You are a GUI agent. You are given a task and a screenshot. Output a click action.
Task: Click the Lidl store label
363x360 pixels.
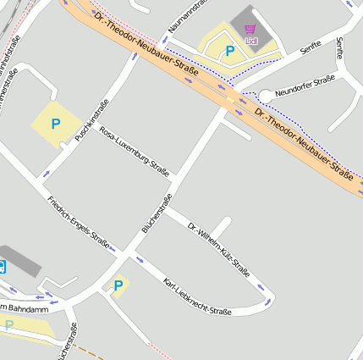click(x=250, y=41)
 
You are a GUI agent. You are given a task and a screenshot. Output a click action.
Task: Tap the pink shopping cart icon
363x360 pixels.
click(x=250, y=30)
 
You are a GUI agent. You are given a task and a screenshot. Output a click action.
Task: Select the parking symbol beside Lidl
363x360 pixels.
click(x=229, y=52)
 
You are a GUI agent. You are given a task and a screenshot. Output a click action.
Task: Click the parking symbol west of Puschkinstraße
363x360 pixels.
click(x=56, y=124)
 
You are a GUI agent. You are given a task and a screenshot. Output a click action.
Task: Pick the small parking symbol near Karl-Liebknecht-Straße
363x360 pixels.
click(x=118, y=285)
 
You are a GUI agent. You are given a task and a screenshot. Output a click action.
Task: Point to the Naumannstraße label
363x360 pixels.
click(x=187, y=16)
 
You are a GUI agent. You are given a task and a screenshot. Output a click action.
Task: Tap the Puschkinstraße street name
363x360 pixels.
click(x=92, y=120)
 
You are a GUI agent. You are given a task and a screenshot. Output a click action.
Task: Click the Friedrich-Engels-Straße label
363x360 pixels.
click(x=79, y=223)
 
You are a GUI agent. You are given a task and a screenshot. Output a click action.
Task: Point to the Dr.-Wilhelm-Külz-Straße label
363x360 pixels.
click(x=218, y=249)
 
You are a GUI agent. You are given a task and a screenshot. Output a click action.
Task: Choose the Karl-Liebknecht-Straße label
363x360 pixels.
click(x=197, y=297)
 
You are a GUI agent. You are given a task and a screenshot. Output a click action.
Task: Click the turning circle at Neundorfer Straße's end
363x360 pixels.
click(x=266, y=97)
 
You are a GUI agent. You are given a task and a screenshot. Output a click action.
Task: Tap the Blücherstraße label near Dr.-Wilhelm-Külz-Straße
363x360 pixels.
click(x=157, y=213)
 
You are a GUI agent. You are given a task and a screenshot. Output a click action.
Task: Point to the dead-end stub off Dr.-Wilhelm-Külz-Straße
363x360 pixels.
click(x=222, y=227)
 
